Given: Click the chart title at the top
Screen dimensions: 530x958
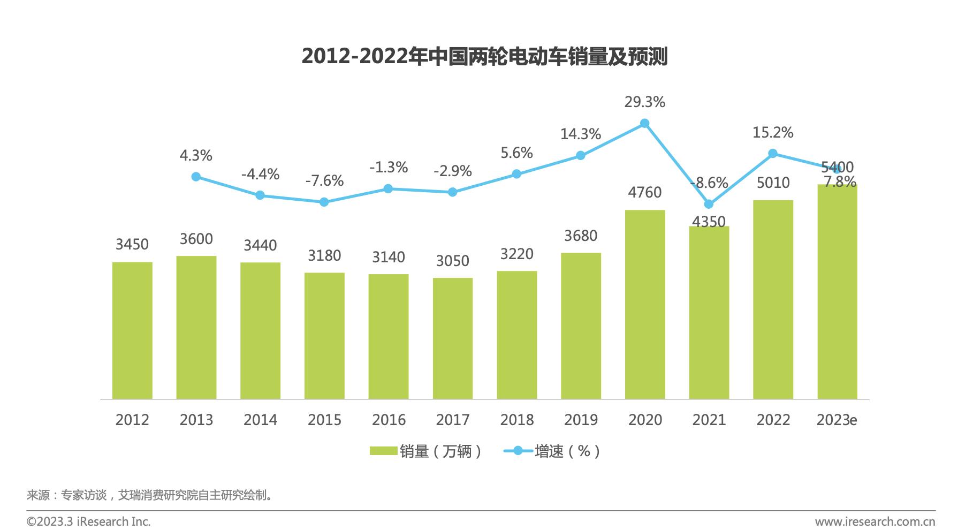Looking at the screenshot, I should point(484,56).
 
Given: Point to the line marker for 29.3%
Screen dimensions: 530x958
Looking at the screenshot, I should point(645,124).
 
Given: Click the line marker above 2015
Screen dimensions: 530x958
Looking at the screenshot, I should point(324,202).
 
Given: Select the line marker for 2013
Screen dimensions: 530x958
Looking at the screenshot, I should point(196,177).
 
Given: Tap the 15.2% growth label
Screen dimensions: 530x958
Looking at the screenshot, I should point(773,132).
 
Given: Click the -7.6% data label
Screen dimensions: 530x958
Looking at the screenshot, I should point(324,180).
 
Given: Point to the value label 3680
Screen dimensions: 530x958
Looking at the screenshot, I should point(581,236).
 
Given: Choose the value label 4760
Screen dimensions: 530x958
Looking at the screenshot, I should point(645,192).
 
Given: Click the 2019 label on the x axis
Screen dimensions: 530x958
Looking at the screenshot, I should point(581,420).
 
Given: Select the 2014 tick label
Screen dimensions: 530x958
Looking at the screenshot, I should point(260,420).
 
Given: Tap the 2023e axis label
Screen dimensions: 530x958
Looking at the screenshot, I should point(837,420).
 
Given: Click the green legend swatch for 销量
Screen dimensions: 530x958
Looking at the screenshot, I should point(383,451).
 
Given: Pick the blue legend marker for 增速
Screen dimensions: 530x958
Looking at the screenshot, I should point(518,451).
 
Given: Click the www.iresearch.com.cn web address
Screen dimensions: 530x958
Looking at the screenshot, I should point(875,521).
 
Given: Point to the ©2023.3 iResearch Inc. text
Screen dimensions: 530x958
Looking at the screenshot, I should point(89,521).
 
